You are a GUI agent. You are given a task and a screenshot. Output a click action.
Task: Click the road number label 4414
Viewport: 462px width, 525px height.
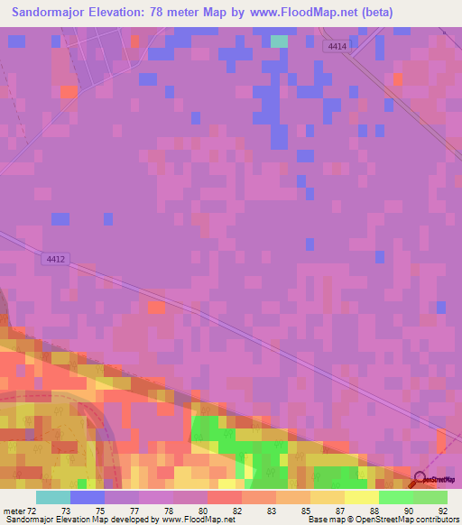click(336, 45)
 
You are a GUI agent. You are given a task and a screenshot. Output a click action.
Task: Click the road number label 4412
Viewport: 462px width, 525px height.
click(55, 259)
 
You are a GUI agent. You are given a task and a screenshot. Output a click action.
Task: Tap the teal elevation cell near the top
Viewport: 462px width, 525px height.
click(280, 41)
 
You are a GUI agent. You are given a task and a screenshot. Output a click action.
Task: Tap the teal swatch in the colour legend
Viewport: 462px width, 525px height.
click(53, 497)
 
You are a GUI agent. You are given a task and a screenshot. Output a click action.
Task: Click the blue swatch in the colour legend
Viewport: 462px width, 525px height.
click(88, 497)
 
